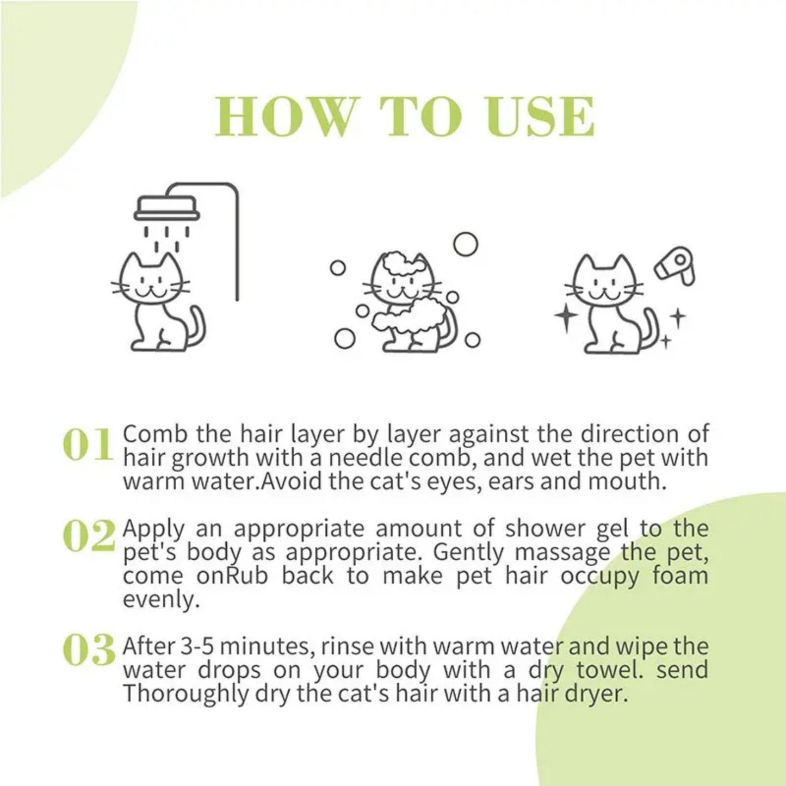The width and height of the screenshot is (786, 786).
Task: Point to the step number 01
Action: pos(87,445)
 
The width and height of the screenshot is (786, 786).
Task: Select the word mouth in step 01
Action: pos(633,481)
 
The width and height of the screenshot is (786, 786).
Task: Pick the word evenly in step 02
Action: pos(158,600)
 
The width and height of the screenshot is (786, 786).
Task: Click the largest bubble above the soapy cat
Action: pos(465,244)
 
